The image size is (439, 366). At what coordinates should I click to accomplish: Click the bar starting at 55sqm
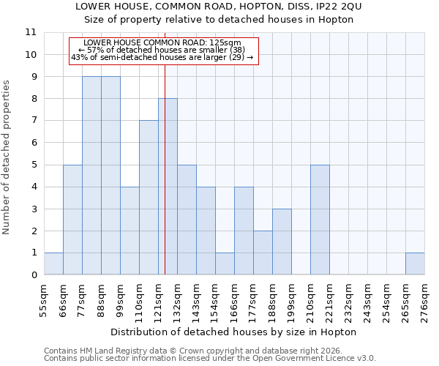[x=53, y=264]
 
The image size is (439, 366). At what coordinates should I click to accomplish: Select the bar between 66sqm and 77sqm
[x=72, y=220]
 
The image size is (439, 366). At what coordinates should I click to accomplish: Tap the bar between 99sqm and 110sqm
[x=130, y=231]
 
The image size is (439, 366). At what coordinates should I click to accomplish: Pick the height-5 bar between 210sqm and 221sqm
[x=320, y=220]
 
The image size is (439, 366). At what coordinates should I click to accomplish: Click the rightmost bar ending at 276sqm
[x=415, y=264]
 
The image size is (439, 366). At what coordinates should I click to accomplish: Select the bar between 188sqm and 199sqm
[x=282, y=242]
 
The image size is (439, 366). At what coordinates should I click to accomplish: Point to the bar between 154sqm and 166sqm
[x=225, y=264]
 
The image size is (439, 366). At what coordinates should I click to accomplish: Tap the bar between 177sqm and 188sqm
[x=263, y=253]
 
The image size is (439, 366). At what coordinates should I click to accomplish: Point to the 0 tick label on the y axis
[x=33, y=275]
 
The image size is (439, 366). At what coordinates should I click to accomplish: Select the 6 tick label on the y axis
[x=33, y=143]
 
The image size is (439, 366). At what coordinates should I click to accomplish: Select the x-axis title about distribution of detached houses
[x=234, y=332]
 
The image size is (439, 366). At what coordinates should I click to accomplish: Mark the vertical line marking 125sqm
[x=165, y=183]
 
